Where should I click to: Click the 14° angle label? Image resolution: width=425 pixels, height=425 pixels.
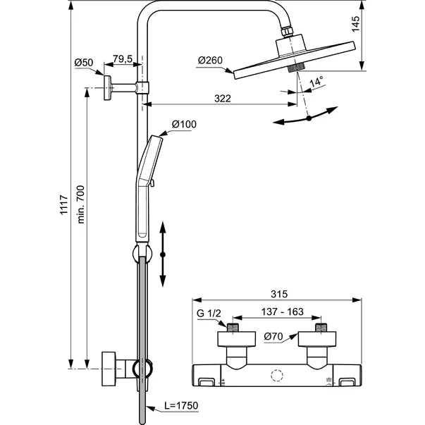click(x=316, y=81)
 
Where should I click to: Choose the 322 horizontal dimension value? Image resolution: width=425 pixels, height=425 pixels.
click(x=222, y=99)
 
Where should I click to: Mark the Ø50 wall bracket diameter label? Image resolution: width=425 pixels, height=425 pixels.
click(x=84, y=63)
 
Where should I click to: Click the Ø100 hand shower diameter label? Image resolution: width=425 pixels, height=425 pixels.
click(x=184, y=125)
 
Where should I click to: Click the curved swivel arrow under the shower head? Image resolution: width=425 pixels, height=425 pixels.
click(x=308, y=117)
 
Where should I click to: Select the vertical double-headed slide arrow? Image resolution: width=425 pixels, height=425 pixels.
click(x=162, y=253)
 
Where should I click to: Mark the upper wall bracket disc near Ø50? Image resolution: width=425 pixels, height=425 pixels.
click(x=108, y=88)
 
